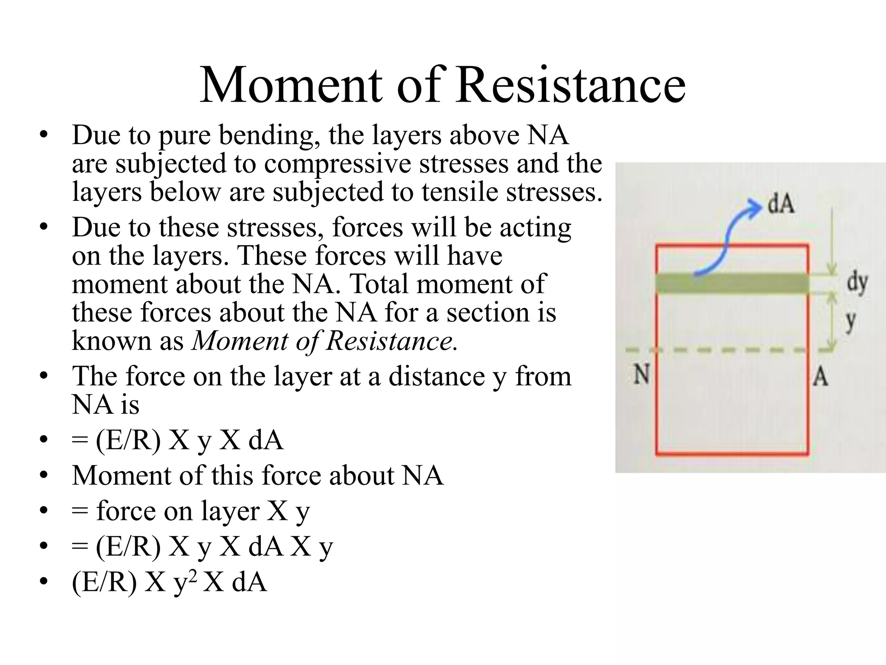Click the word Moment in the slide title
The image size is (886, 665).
click(x=291, y=84)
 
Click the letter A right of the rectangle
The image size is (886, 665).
click(x=820, y=377)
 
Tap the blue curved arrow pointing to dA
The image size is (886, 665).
click(x=727, y=242)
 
